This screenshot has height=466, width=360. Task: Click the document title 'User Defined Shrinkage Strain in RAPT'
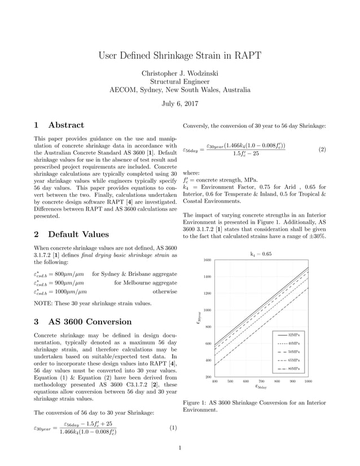[x=180, y=55]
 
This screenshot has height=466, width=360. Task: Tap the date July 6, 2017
[x=180, y=103]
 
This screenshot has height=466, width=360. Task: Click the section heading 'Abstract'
[x=66, y=125]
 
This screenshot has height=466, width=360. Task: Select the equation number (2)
[x=322, y=150]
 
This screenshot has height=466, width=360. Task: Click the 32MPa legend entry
[x=294, y=335]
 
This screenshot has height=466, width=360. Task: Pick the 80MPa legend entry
[x=294, y=368]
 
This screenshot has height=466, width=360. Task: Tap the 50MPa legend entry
[x=294, y=351]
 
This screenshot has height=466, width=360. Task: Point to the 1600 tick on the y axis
[x=207, y=260]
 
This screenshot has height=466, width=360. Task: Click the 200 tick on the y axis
[x=208, y=377]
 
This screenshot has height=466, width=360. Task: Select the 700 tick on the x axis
[x=261, y=381]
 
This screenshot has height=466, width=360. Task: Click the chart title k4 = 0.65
[x=261, y=254]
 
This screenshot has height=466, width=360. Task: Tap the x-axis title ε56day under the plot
[x=261, y=387]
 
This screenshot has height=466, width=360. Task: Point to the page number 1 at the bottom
[x=179, y=449]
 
